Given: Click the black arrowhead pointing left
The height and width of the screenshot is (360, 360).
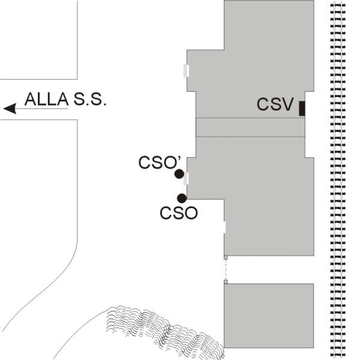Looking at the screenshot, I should (9, 109).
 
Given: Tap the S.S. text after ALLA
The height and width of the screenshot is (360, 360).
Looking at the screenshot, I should (89, 100).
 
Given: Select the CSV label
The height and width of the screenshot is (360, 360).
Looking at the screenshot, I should (275, 104).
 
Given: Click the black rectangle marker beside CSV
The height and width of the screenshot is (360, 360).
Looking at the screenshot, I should (302, 108).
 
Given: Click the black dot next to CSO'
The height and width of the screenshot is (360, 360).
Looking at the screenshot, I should (179, 174).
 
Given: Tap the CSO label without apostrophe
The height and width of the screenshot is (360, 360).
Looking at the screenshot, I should (179, 212).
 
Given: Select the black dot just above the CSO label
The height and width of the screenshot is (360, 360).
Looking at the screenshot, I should (182, 198).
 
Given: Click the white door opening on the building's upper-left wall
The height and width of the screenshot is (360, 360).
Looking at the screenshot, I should (186, 71).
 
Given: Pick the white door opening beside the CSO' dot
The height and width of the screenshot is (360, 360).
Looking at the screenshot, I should (187, 178).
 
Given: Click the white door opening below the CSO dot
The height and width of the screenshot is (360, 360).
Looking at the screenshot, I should (224, 227).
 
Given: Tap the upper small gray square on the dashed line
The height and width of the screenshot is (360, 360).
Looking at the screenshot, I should (226, 257).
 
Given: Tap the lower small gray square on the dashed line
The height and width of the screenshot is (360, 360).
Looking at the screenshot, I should (226, 281).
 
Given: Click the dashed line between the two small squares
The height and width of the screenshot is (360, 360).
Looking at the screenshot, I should (226, 269).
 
